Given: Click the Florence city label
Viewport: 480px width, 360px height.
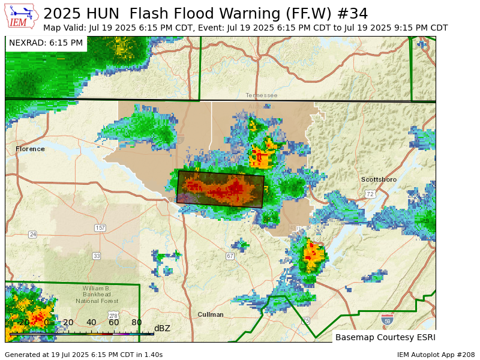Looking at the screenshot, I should (30, 149).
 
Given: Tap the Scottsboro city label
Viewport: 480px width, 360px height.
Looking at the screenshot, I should (379, 179).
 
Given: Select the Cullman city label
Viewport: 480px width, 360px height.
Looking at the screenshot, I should (211, 314).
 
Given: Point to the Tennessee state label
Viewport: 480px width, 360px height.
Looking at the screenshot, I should (261, 95).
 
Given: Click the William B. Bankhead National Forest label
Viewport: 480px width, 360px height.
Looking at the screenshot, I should (101, 295).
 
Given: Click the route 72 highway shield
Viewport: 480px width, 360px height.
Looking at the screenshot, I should (370, 194).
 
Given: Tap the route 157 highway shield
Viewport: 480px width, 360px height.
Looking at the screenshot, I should (100, 228).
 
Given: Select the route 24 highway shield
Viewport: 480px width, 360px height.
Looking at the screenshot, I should (32, 235).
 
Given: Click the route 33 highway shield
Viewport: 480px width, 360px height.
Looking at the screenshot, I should (96, 256).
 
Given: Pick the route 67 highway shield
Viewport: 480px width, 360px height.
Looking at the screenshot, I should (230, 256).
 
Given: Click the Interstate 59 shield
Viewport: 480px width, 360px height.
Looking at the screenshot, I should (387, 320).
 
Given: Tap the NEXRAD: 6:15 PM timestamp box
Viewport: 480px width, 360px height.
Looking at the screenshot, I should (46, 43).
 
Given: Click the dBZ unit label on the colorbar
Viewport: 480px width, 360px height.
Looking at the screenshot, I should (162, 328).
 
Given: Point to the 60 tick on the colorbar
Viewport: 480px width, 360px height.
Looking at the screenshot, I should (114, 323).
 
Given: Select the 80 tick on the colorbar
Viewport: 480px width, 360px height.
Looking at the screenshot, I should (137, 323).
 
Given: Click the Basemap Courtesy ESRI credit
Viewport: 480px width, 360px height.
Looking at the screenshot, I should (384, 337).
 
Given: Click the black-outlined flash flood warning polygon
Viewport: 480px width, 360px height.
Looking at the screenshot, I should (221, 189).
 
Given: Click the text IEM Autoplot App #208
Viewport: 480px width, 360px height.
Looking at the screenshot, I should (436, 355).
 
